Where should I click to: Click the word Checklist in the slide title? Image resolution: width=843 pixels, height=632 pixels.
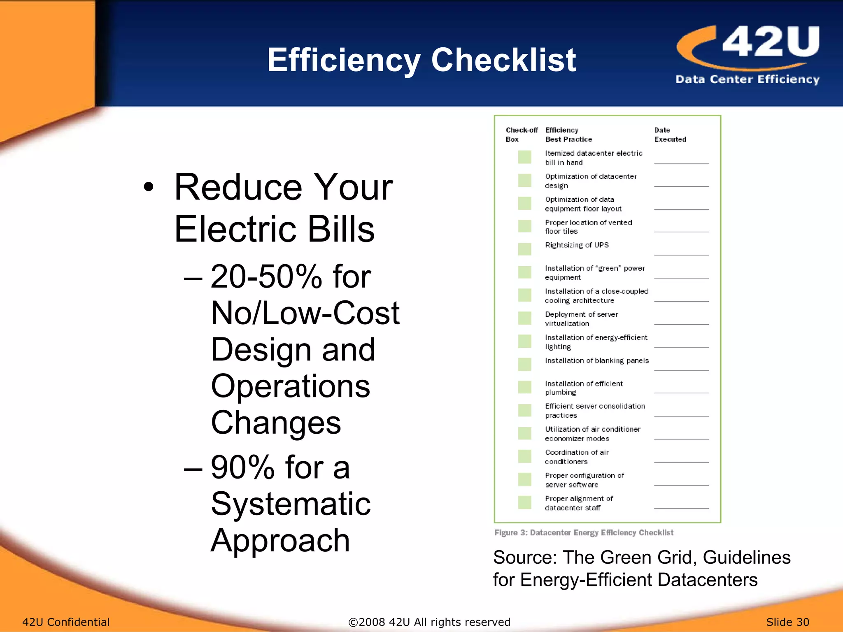click(503, 60)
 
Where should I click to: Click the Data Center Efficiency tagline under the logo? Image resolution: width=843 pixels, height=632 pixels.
click(747, 79)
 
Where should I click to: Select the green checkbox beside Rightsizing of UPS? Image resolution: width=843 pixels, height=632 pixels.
click(524, 249)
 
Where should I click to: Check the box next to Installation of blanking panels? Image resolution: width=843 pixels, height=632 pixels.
click(524, 364)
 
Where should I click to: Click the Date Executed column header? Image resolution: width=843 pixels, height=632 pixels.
click(670, 135)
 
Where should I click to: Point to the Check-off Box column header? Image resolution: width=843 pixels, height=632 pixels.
click(521, 135)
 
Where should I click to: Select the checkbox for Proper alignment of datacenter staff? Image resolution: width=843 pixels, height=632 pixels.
click(524, 502)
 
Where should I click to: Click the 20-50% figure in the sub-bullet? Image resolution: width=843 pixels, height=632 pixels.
click(265, 276)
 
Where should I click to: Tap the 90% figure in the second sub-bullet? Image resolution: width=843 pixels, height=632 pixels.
click(242, 467)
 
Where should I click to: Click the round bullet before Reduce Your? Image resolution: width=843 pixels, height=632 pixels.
click(149, 187)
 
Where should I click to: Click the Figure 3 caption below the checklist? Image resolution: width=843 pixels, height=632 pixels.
click(583, 532)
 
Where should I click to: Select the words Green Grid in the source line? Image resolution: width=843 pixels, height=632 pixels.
click(647, 558)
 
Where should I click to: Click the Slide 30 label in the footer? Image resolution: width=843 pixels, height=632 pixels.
click(787, 622)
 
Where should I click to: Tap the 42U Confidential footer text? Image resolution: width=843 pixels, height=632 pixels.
click(66, 622)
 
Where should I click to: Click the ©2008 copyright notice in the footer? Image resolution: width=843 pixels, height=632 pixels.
click(429, 622)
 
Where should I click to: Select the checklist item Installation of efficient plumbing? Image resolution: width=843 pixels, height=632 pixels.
click(583, 388)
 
